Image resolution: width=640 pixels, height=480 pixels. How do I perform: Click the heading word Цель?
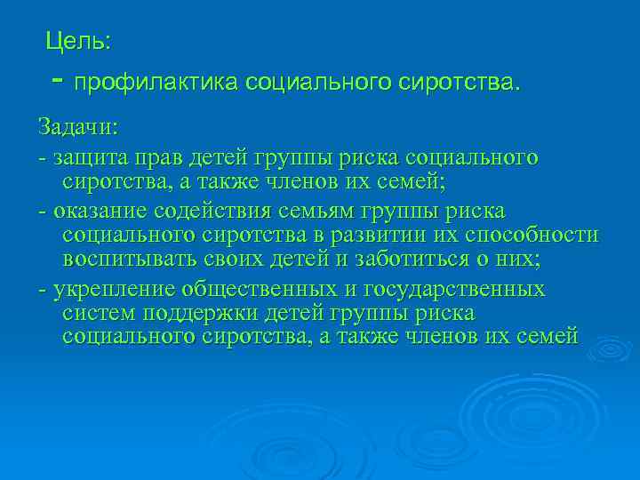pos(78,41)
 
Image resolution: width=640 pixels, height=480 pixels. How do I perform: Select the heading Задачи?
pos(76,126)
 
